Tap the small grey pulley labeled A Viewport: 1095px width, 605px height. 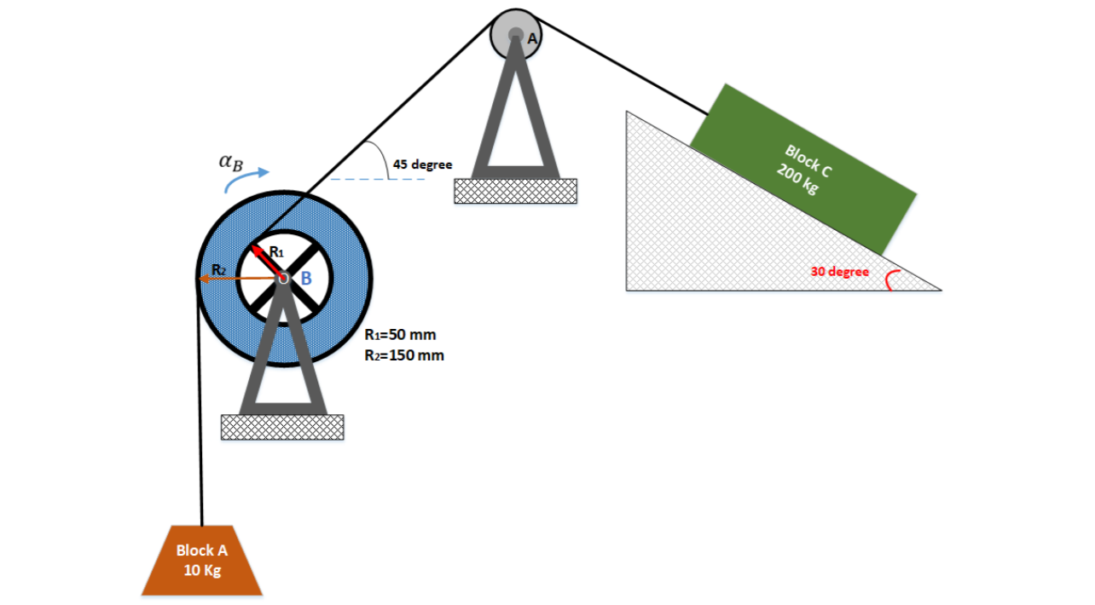click(x=516, y=35)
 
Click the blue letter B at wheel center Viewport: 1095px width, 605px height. click(x=305, y=278)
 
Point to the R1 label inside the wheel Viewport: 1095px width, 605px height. click(x=276, y=251)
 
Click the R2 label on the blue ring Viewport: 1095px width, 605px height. click(x=219, y=269)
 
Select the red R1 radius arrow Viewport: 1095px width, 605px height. click(x=267, y=261)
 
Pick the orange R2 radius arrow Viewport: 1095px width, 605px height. click(x=243, y=277)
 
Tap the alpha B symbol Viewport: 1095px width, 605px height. click(x=230, y=161)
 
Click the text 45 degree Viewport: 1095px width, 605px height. click(x=422, y=164)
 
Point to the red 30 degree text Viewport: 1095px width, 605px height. click(x=840, y=272)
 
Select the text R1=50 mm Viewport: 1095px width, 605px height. click(x=400, y=335)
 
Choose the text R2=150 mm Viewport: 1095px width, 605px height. click(x=404, y=355)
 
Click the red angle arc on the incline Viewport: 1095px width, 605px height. click(x=890, y=280)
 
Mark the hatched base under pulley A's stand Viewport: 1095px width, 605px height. click(x=515, y=191)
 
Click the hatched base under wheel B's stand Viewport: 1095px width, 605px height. click(x=282, y=427)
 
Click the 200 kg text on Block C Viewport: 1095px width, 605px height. click(x=797, y=180)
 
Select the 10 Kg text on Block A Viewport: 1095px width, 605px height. click(x=202, y=570)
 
